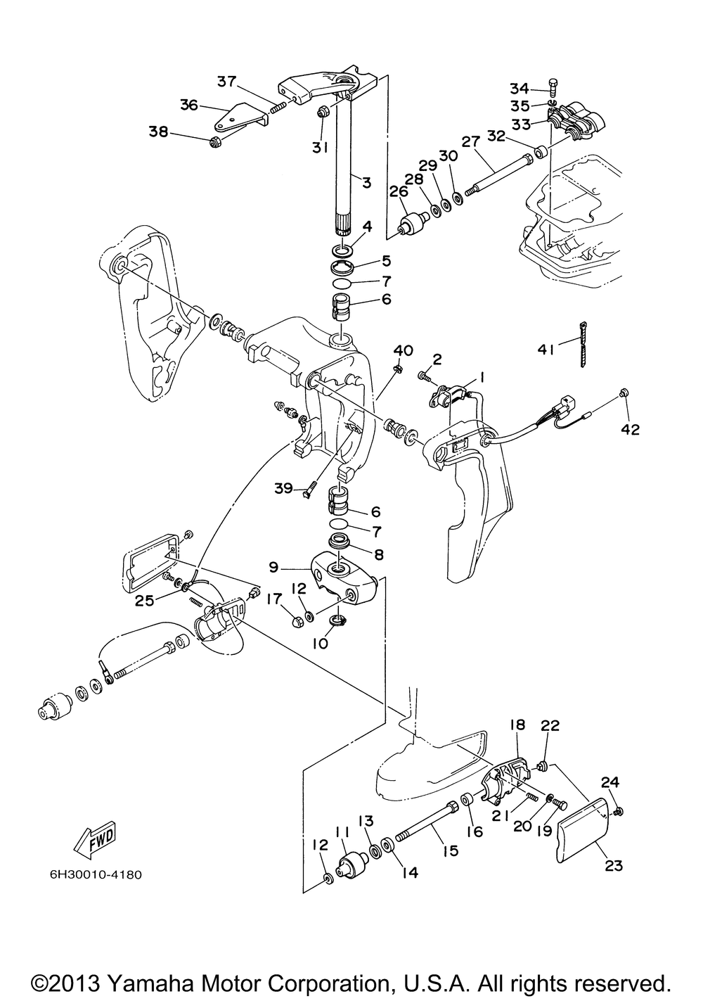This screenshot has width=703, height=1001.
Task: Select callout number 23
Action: tap(613, 866)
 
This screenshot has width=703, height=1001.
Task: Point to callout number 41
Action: tap(546, 350)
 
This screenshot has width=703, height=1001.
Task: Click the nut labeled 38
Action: tap(216, 143)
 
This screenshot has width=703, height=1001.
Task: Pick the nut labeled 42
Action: tap(624, 393)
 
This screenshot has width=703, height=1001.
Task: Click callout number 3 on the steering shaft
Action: tap(367, 182)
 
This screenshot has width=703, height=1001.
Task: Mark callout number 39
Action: tap(283, 489)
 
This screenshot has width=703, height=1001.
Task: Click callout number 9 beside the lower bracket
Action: tap(273, 567)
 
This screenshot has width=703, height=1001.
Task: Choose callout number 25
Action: tap(145, 601)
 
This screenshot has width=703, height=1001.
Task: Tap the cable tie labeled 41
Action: tap(583, 345)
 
